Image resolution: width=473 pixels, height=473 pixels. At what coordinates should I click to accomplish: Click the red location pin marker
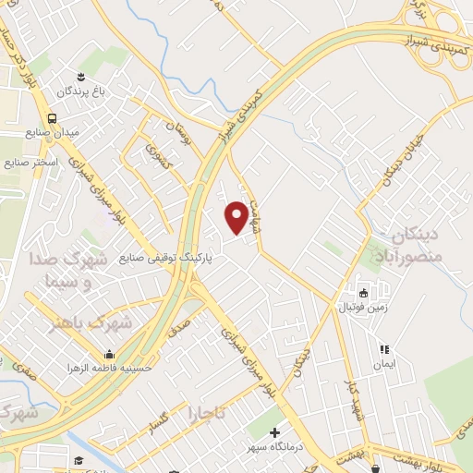point(237,218)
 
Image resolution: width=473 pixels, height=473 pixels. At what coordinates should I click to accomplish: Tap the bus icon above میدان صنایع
point(53,118)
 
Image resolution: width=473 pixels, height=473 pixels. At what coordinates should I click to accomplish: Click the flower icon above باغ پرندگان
point(80,75)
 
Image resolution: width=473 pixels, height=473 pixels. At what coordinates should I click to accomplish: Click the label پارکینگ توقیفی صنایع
point(166,258)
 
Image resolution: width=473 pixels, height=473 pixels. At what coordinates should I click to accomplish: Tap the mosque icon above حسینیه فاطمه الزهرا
point(110,354)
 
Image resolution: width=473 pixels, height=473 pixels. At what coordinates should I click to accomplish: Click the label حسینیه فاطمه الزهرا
point(103,368)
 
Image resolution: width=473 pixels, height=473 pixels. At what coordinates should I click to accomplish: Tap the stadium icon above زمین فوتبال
point(363,293)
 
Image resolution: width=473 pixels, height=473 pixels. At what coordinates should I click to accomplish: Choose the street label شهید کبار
point(350,398)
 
